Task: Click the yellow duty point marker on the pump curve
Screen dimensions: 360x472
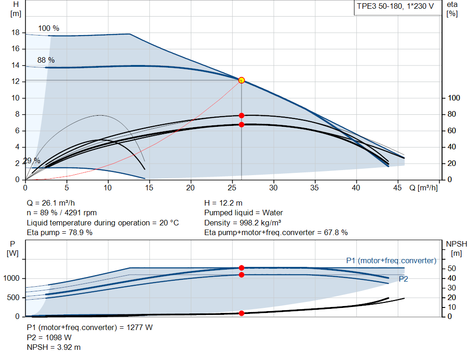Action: click(241, 80)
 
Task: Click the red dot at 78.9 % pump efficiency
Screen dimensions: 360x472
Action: click(241, 115)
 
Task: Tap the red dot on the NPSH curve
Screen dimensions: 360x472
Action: click(241, 313)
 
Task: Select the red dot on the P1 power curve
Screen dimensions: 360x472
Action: click(241, 268)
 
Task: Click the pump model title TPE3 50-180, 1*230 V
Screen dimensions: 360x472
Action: click(395, 7)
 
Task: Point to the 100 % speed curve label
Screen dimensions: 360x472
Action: click(49, 28)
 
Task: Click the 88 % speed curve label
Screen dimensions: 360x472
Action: click(46, 60)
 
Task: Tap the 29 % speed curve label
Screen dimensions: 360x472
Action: click(31, 160)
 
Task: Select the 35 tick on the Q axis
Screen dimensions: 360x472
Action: click(315, 188)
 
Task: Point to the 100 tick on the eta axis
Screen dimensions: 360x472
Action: click(454, 98)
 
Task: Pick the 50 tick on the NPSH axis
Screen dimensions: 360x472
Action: click(452, 268)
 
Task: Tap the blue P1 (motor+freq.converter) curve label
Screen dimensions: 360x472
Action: click(391, 260)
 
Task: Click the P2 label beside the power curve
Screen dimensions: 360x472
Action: click(403, 279)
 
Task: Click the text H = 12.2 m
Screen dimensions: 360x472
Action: click(224, 203)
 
